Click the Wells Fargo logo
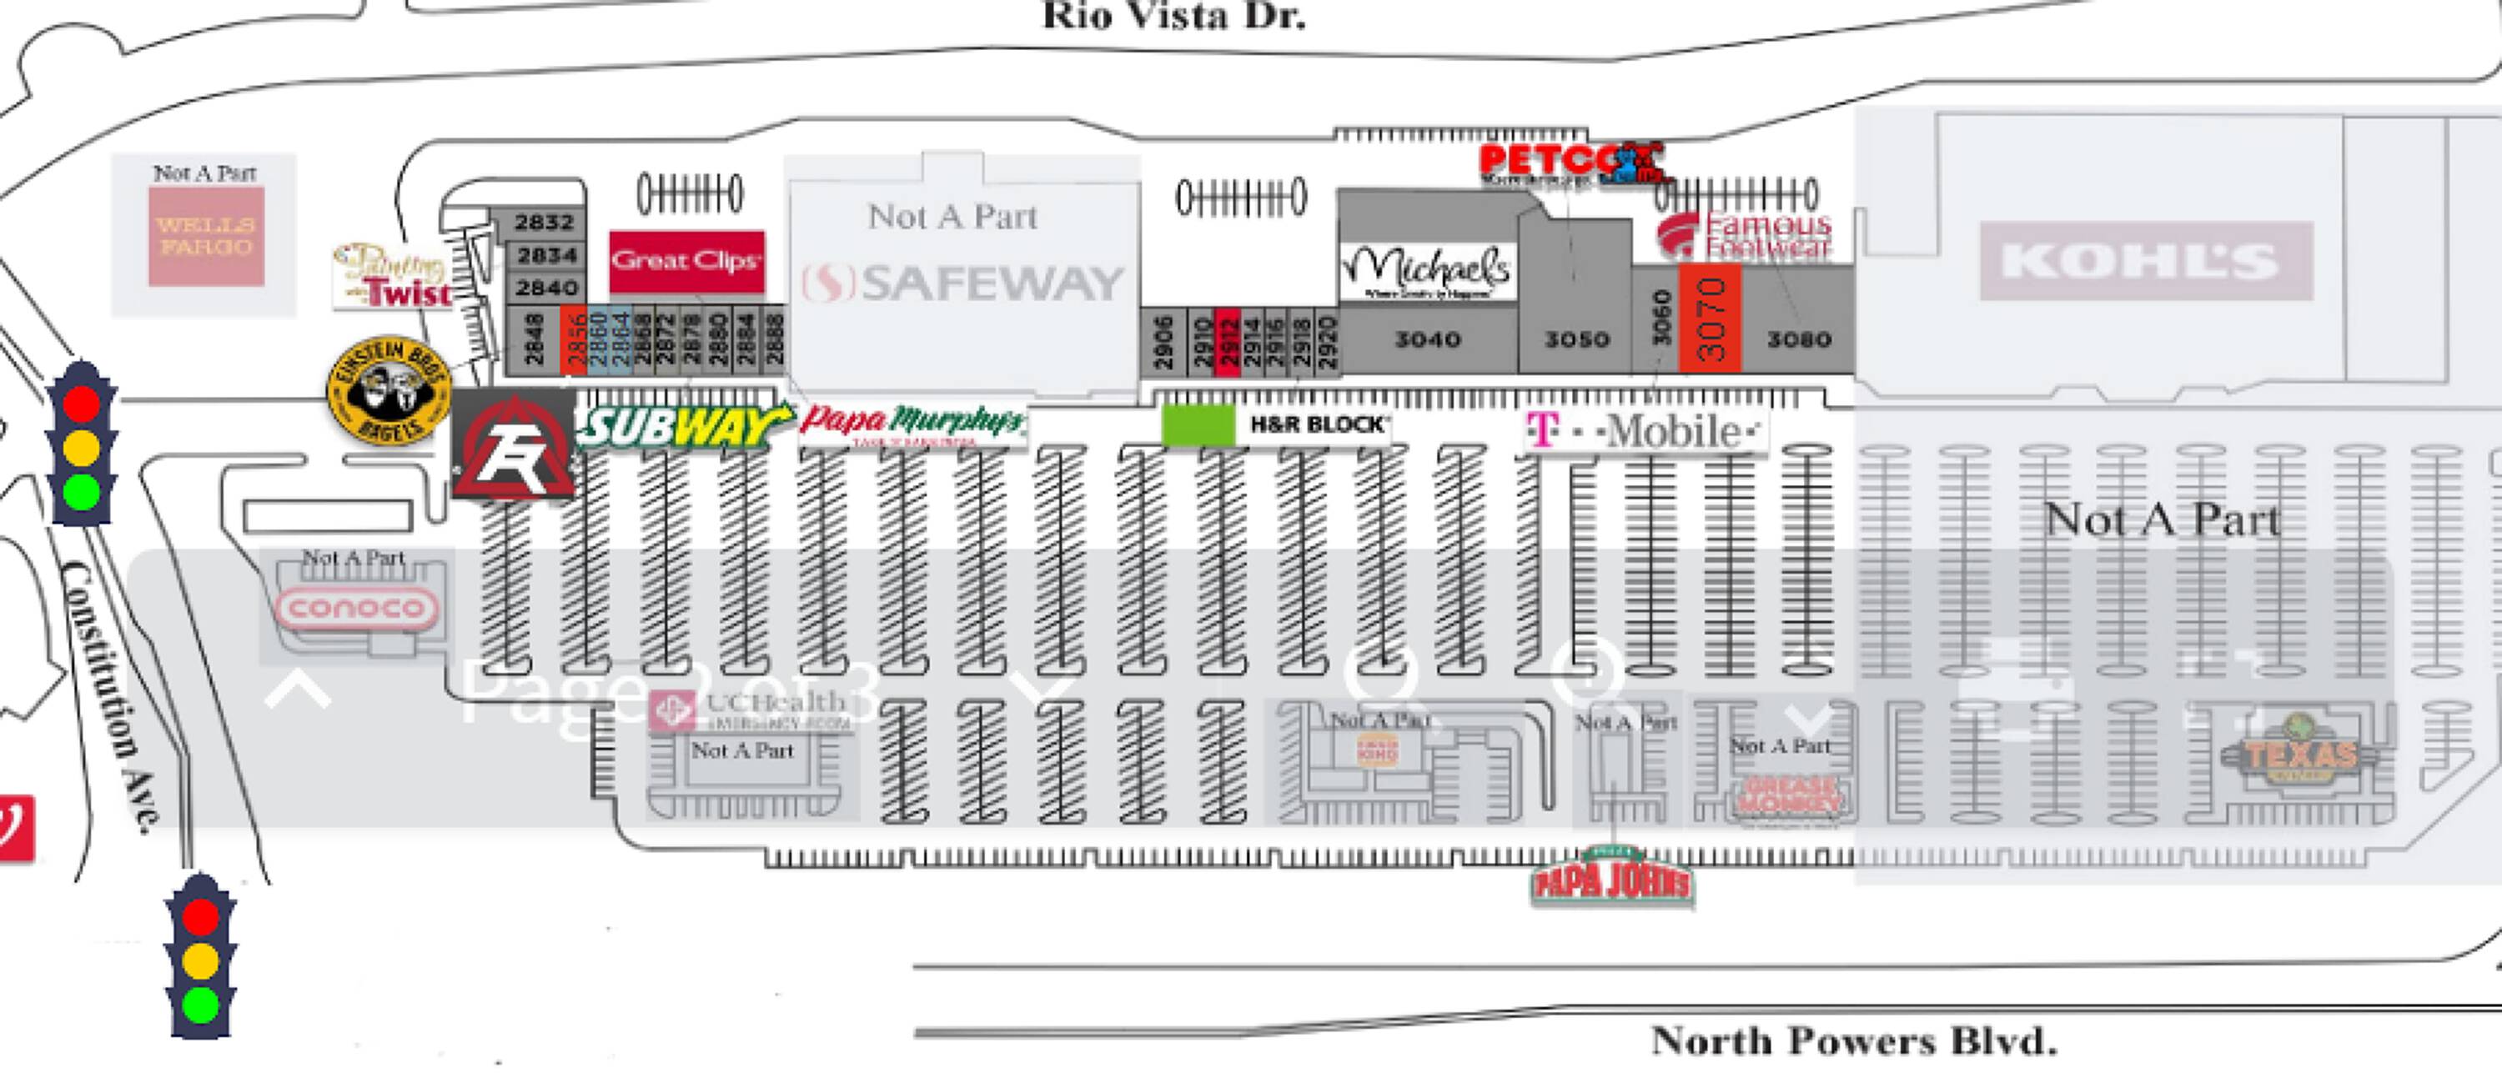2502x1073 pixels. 206,236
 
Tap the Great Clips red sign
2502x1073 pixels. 686,260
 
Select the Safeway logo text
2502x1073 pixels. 962,283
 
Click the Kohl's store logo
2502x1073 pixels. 2146,260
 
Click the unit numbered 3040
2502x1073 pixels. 1427,338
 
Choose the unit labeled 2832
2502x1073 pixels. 544,223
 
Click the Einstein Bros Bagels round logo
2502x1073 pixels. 389,390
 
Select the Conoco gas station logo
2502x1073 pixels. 356,608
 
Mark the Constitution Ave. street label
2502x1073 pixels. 108,694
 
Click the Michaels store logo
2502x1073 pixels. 1426,271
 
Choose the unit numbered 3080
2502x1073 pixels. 1798,338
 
